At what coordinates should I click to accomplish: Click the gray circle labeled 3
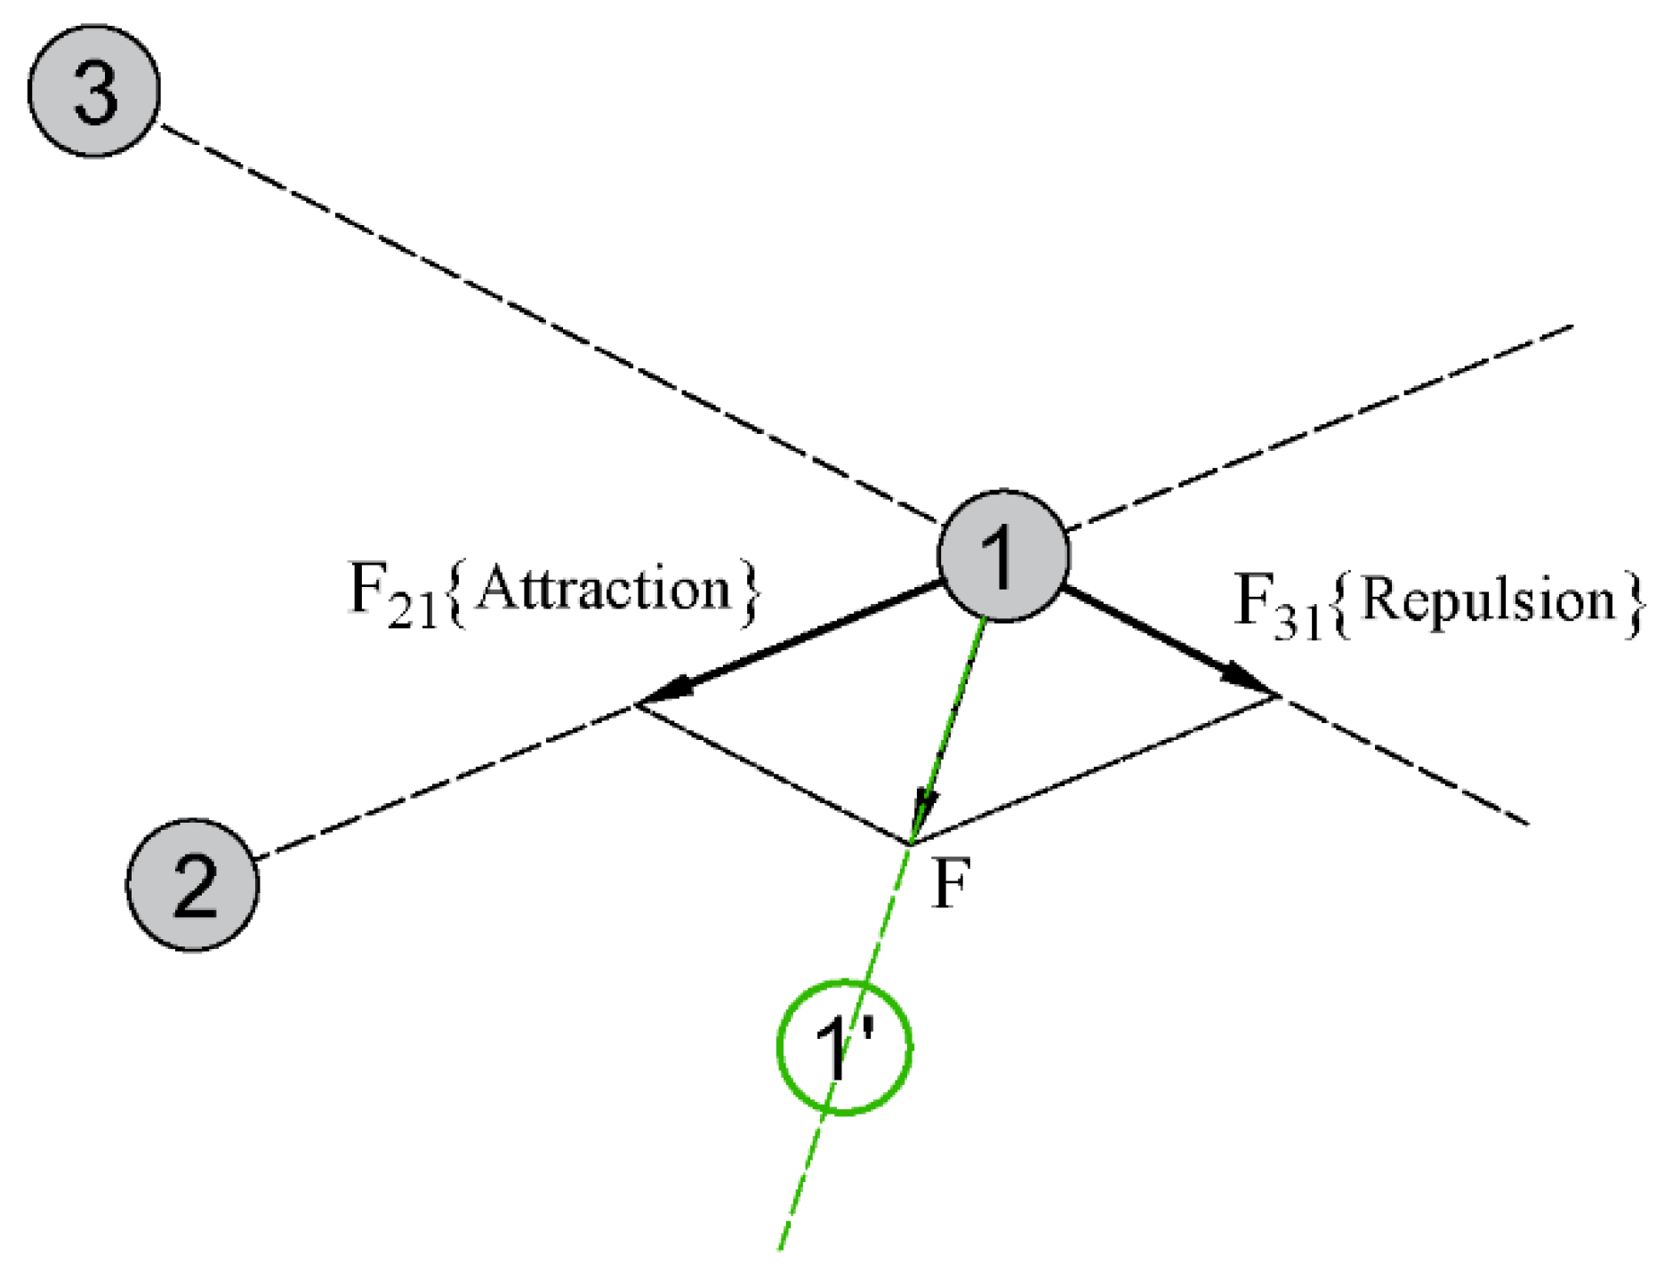pos(94,91)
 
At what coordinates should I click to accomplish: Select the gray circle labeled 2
pos(192,884)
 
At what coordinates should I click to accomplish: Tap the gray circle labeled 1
pos(1002,555)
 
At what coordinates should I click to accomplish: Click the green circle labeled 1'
pos(845,1046)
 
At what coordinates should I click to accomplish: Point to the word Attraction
pos(604,589)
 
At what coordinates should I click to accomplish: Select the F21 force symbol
pos(392,596)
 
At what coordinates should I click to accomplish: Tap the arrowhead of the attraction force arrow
pos(663,692)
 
